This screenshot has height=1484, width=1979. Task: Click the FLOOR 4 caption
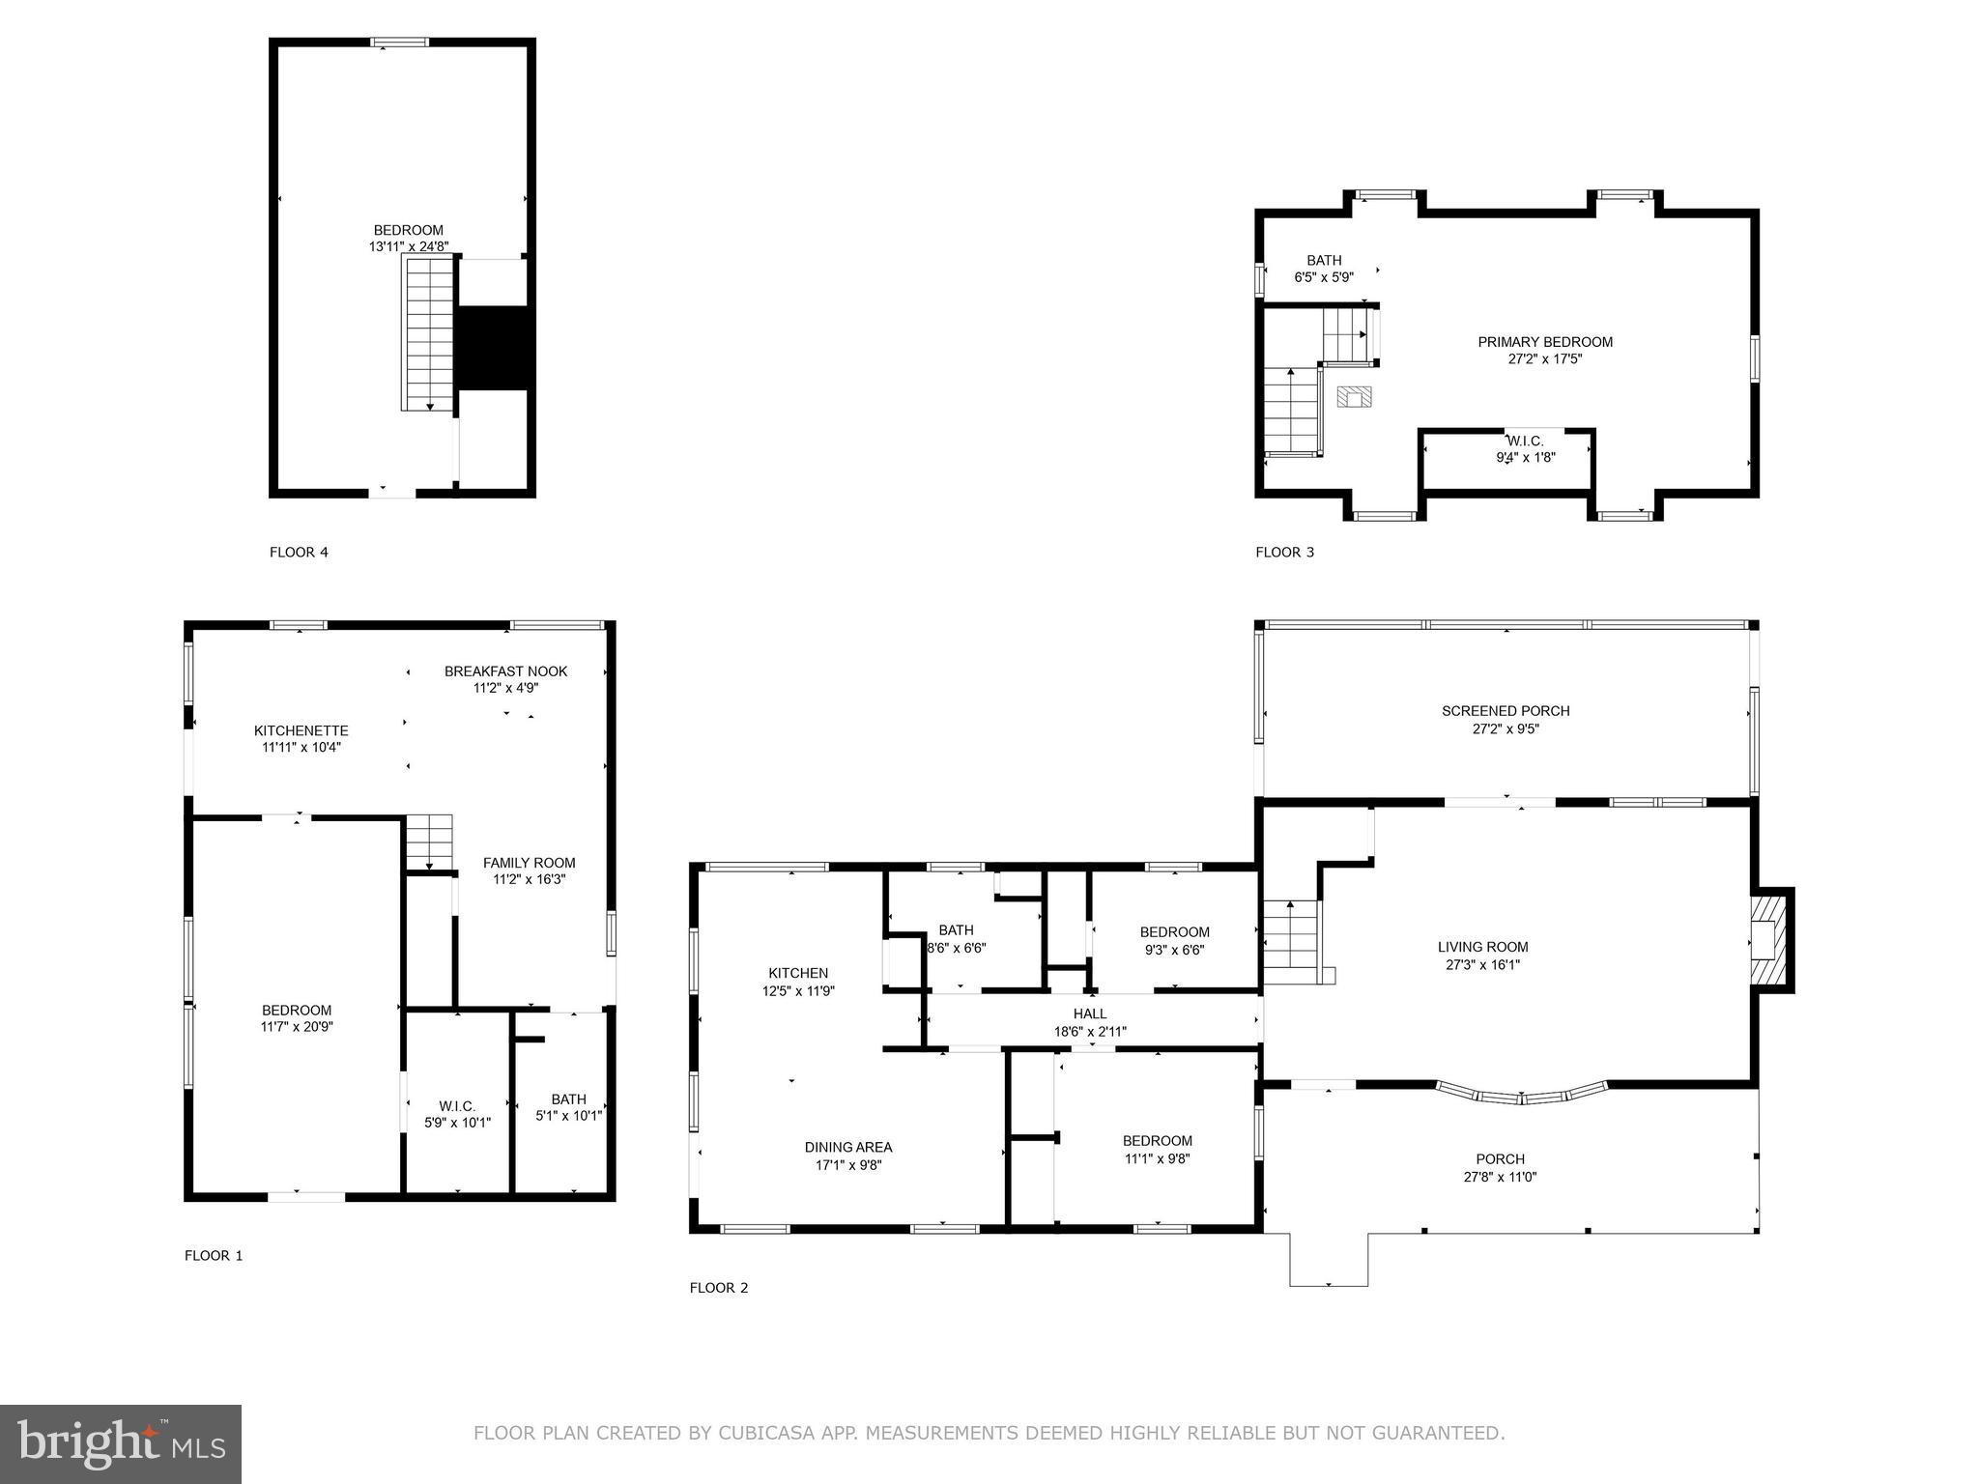point(299,553)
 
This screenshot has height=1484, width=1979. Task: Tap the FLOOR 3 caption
point(1284,553)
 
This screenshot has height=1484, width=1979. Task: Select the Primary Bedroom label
point(1544,342)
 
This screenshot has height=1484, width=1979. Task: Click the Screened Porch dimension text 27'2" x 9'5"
point(1505,729)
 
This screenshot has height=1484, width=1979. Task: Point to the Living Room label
point(1482,948)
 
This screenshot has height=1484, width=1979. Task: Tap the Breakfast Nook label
point(505,671)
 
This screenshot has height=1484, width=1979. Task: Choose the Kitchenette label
point(301,731)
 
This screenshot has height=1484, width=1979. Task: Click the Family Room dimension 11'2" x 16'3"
point(529,880)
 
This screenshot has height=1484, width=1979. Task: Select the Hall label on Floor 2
point(1089,1013)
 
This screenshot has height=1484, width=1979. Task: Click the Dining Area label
point(847,1148)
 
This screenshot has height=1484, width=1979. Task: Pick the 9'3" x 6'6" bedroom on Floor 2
point(1174,941)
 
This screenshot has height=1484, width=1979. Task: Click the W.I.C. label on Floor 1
point(457,1106)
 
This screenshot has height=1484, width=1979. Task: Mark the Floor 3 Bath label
point(1324,261)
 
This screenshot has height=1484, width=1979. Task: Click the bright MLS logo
point(121,1443)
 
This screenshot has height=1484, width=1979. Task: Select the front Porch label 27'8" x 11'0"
point(1500,1168)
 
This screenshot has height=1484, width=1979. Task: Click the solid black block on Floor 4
point(493,349)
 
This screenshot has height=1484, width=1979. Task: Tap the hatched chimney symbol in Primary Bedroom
point(1354,397)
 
